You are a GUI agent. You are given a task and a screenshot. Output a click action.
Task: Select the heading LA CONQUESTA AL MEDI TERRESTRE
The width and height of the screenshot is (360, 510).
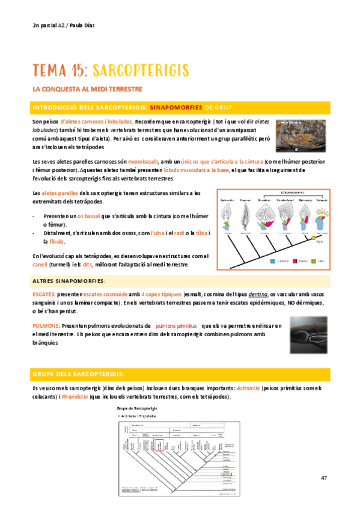(87, 89)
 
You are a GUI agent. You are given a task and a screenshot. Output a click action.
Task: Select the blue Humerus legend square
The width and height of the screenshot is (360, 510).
(273, 262)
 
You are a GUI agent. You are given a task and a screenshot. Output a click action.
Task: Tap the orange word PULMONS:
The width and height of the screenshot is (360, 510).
(45, 325)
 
